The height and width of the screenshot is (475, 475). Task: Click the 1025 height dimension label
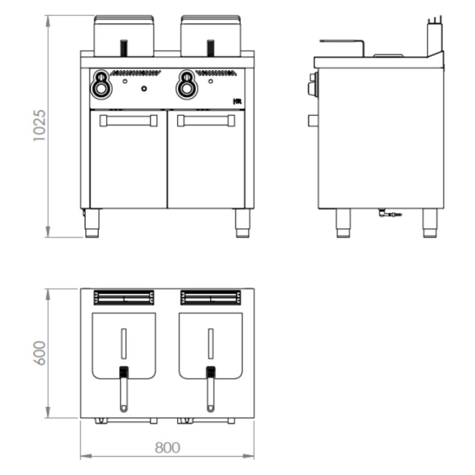point(39,125)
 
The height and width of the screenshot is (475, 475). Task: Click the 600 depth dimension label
point(40,353)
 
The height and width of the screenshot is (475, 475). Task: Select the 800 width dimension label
point(167,448)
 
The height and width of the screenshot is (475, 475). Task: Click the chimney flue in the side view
point(435,37)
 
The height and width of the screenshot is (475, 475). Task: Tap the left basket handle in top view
point(123,390)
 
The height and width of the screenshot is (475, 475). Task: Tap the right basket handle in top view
point(211,390)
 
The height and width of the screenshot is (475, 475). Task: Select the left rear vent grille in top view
point(124,298)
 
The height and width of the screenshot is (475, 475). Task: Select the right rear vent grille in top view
point(211,298)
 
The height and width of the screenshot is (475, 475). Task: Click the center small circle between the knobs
point(144,88)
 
